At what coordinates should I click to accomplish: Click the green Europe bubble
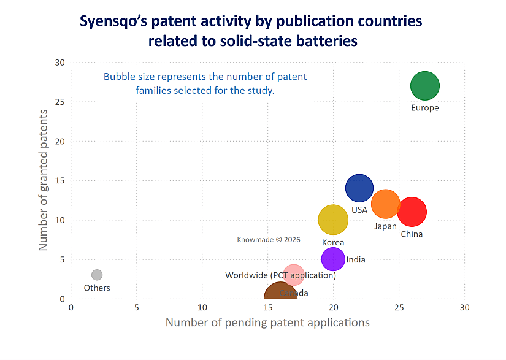(425, 86)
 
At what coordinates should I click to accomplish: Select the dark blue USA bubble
(359, 188)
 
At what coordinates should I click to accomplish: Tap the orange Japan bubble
(386, 204)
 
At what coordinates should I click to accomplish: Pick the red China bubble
(412, 212)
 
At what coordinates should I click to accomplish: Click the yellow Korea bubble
(333, 220)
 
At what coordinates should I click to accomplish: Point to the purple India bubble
(333, 259)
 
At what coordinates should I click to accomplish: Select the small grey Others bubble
(97, 275)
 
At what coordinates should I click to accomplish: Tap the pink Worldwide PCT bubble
(294, 275)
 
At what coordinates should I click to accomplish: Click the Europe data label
(425, 108)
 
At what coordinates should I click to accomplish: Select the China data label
(412, 234)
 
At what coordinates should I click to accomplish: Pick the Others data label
(97, 288)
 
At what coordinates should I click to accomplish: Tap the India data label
(356, 260)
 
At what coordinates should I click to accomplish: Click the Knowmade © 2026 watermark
(269, 240)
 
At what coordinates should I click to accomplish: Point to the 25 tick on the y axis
(59, 102)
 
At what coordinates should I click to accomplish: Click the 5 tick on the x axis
(137, 307)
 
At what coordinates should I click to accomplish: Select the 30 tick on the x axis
(464, 307)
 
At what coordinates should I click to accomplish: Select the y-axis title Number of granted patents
(44, 180)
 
